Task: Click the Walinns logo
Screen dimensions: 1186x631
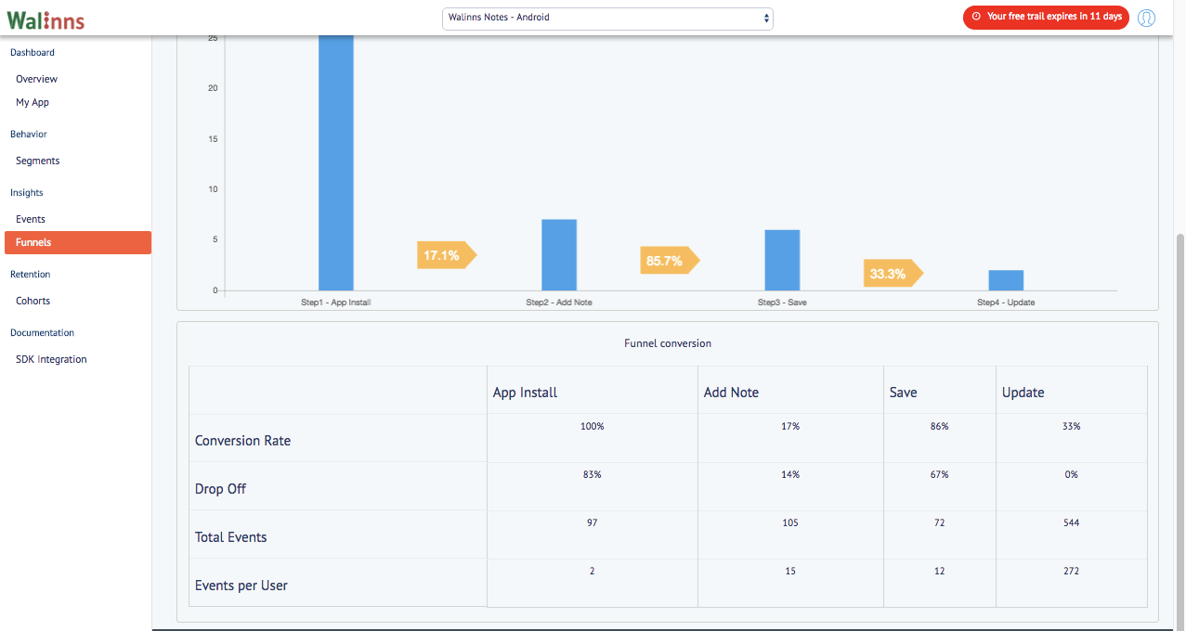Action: click(x=46, y=20)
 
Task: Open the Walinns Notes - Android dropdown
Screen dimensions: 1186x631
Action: click(x=607, y=19)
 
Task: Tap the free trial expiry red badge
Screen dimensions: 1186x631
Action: click(x=1046, y=18)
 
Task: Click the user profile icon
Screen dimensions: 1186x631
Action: click(x=1146, y=18)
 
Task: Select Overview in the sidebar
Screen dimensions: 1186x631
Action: click(x=36, y=79)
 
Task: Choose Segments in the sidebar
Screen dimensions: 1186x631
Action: click(x=37, y=161)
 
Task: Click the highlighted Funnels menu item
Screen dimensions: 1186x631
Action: click(x=78, y=242)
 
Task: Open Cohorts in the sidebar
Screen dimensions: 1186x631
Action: click(x=33, y=301)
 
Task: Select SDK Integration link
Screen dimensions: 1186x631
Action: click(x=51, y=359)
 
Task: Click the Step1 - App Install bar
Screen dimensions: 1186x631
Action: click(x=335, y=163)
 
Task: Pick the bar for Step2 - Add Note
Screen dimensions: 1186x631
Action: click(x=559, y=255)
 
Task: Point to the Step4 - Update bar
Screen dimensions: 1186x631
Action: click(x=1006, y=280)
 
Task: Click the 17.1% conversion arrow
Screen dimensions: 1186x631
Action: click(x=447, y=255)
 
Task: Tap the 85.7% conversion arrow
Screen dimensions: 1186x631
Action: click(x=670, y=260)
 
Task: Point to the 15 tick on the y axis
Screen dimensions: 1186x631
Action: click(x=213, y=138)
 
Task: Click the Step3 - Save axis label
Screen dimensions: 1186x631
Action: click(x=782, y=302)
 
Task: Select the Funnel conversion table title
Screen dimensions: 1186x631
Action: click(x=668, y=343)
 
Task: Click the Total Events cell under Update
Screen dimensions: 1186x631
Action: click(x=1071, y=522)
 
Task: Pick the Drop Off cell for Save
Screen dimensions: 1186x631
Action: click(x=939, y=474)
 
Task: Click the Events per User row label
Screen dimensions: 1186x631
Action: click(x=241, y=585)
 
